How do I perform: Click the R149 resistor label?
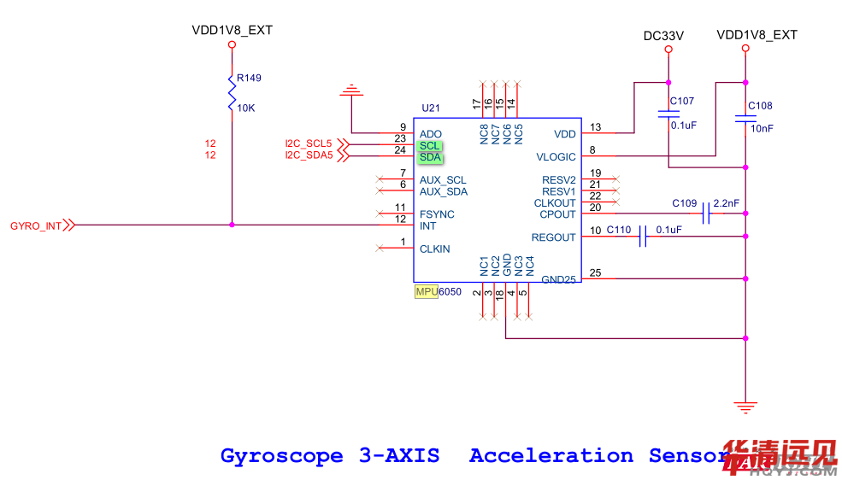(x=249, y=78)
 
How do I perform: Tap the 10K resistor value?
(x=245, y=108)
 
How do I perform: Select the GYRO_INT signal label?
(x=36, y=226)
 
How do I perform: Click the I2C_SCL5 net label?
(x=308, y=143)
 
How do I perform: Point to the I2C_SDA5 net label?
(x=308, y=155)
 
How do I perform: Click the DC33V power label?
(x=663, y=36)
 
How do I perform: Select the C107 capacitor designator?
(x=682, y=101)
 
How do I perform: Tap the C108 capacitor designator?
(x=760, y=106)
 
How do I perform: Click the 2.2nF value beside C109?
(x=726, y=203)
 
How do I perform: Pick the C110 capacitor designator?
(x=618, y=230)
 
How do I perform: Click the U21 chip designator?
(x=430, y=108)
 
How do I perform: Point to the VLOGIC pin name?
(x=556, y=157)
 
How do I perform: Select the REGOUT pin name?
(x=553, y=237)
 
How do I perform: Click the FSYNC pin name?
(x=437, y=214)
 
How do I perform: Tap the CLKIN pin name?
(x=434, y=249)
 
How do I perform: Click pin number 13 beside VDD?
(x=595, y=127)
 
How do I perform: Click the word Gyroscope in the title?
(x=282, y=456)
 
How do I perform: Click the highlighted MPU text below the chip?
(x=426, y=292)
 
